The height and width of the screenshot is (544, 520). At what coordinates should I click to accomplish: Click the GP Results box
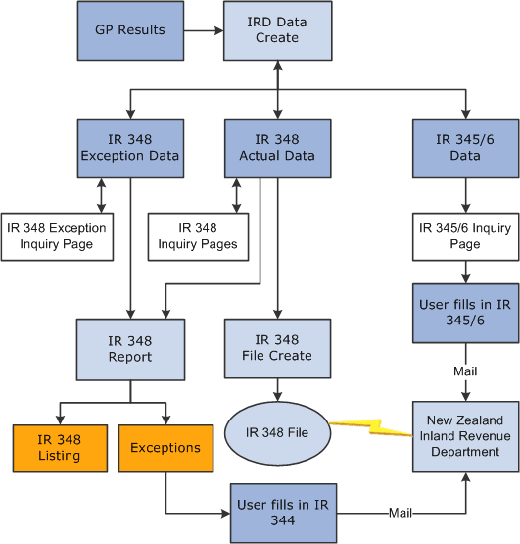pyautogui.click(x=130, y=29)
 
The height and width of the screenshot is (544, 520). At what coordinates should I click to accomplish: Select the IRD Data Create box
pyautogui.click(x=277, y=29)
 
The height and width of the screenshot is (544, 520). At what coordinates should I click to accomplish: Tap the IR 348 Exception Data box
pyautogui.click(x=130, y=148)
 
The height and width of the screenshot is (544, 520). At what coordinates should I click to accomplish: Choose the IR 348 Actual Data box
pyautogui.click(x=277, y=148)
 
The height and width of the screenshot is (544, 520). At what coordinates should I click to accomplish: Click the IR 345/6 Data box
pyautogui.click(x=465, y=148)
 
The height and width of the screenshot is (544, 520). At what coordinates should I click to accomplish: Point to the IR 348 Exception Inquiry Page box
pyautogui.click(x=57, y=236)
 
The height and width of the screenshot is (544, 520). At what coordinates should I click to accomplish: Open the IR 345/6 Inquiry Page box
pyautogui.click(x=465, y=236)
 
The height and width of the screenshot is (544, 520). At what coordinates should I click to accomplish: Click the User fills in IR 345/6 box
pyautogui.click(x=465, y=314)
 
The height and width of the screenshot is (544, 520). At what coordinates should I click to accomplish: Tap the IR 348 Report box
pyautogui.click(x=130, y=348)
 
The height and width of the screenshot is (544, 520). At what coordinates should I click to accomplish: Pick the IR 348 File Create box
pyautogui.click(x=277, y=348)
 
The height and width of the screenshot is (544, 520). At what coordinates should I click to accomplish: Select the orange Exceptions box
pyautogui.click(x=165, y=448)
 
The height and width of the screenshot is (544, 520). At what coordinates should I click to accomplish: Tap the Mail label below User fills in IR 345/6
pyautogui.click(x=465, y=372)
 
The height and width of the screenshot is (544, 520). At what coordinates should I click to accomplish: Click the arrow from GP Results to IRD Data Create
pyautogui.click(x=201, y=30)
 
